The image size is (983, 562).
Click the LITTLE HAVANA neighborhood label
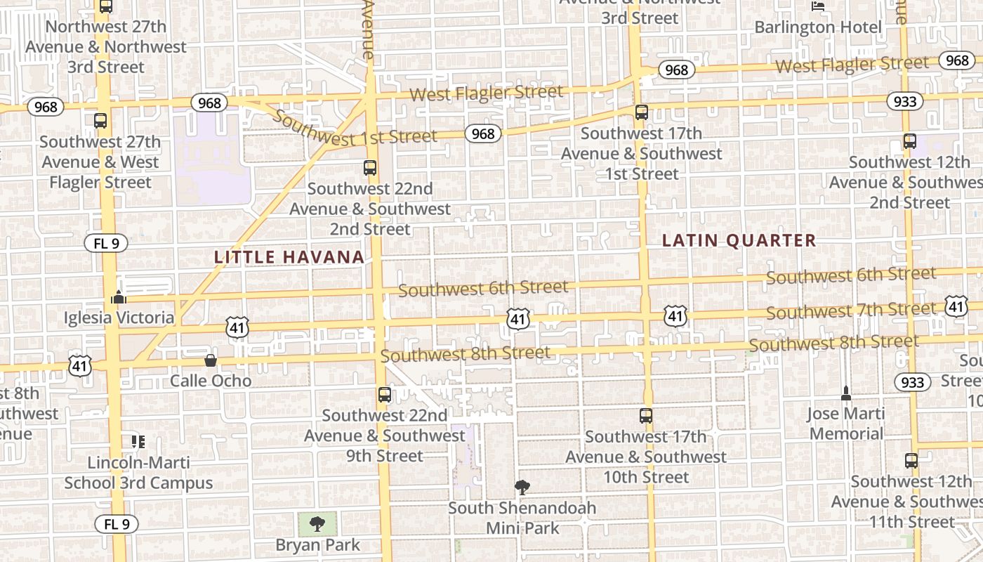(x=289, y=257)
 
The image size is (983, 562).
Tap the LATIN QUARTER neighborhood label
(x=739, y=240)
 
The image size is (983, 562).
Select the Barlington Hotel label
(x=818, y=27)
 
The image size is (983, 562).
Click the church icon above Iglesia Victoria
(x=118, y=298)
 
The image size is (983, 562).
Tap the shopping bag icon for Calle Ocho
(x=210, y=360)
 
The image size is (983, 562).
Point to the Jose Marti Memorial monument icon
(x=846, y=393)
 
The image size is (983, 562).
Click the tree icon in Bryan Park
(x=317, y=523)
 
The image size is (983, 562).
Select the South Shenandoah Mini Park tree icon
(x=522, y=487)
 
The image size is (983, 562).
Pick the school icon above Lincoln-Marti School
(x=138, y=442)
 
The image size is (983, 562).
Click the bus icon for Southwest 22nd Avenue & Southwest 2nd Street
(x=370, y=168)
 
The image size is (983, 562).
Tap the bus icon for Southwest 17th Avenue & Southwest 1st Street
(x=641, y=112)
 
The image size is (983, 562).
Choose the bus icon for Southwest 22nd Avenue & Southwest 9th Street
(x=384, y=395)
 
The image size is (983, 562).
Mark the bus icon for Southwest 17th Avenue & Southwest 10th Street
(x=646, y=416)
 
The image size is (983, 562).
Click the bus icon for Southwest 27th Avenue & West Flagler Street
(x=100, y=121)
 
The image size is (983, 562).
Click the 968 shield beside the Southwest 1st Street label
(x=483, y=133)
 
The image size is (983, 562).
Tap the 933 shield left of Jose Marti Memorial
(x=912, y=382)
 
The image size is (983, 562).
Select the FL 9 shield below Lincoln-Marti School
(x=117, y=524)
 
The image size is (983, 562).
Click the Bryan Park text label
(x=317, y=545)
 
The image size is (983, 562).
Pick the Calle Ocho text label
(x=211, y=381)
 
